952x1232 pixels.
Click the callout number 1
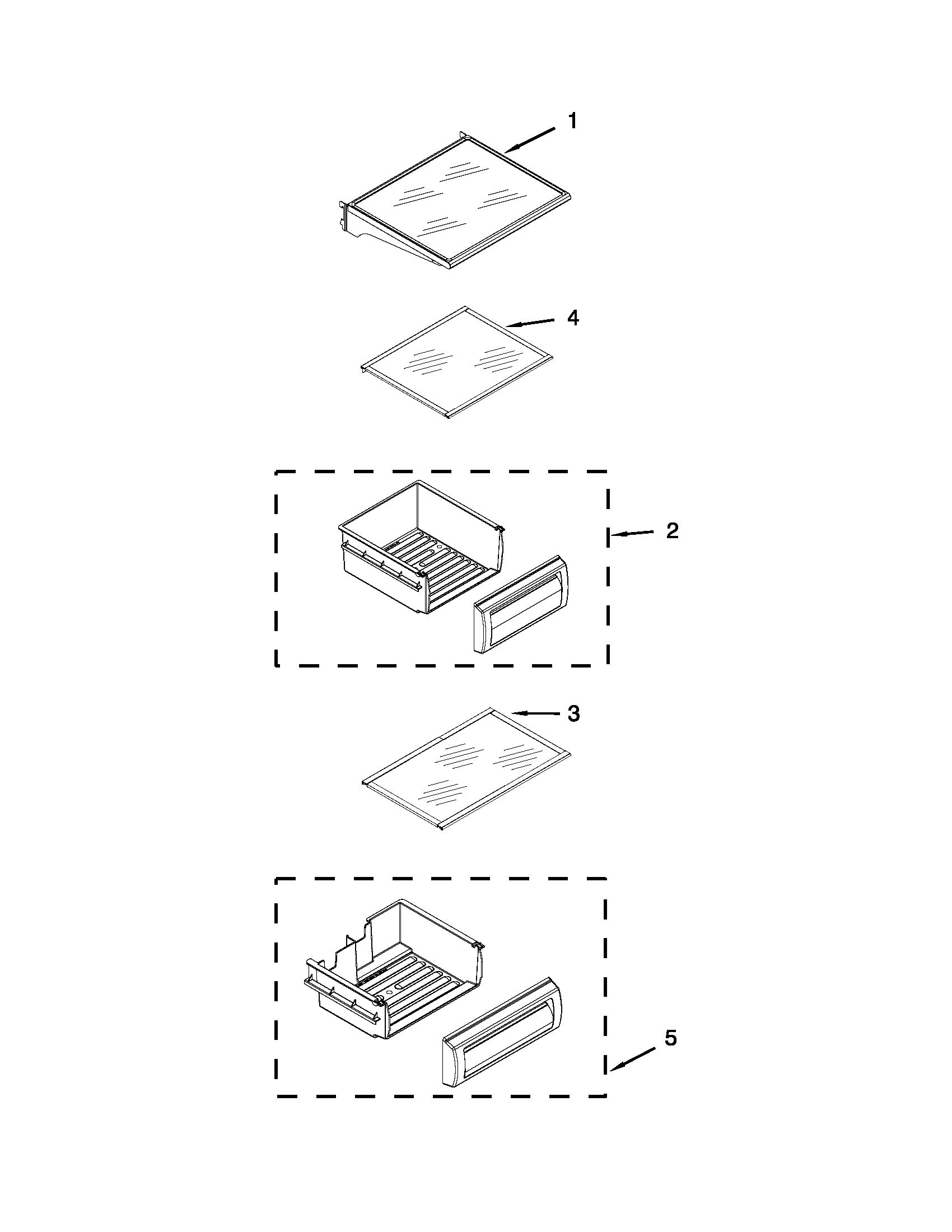[x=572, y=121]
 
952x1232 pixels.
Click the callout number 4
[x=572, y=318]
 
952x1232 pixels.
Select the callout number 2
[x=672, y=530]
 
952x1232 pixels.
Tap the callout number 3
[x=573, y=713]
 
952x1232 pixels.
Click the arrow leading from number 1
[x=530, y=140]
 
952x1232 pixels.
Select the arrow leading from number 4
[x=530, y=323]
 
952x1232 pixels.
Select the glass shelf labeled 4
[x=457, y=361]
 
